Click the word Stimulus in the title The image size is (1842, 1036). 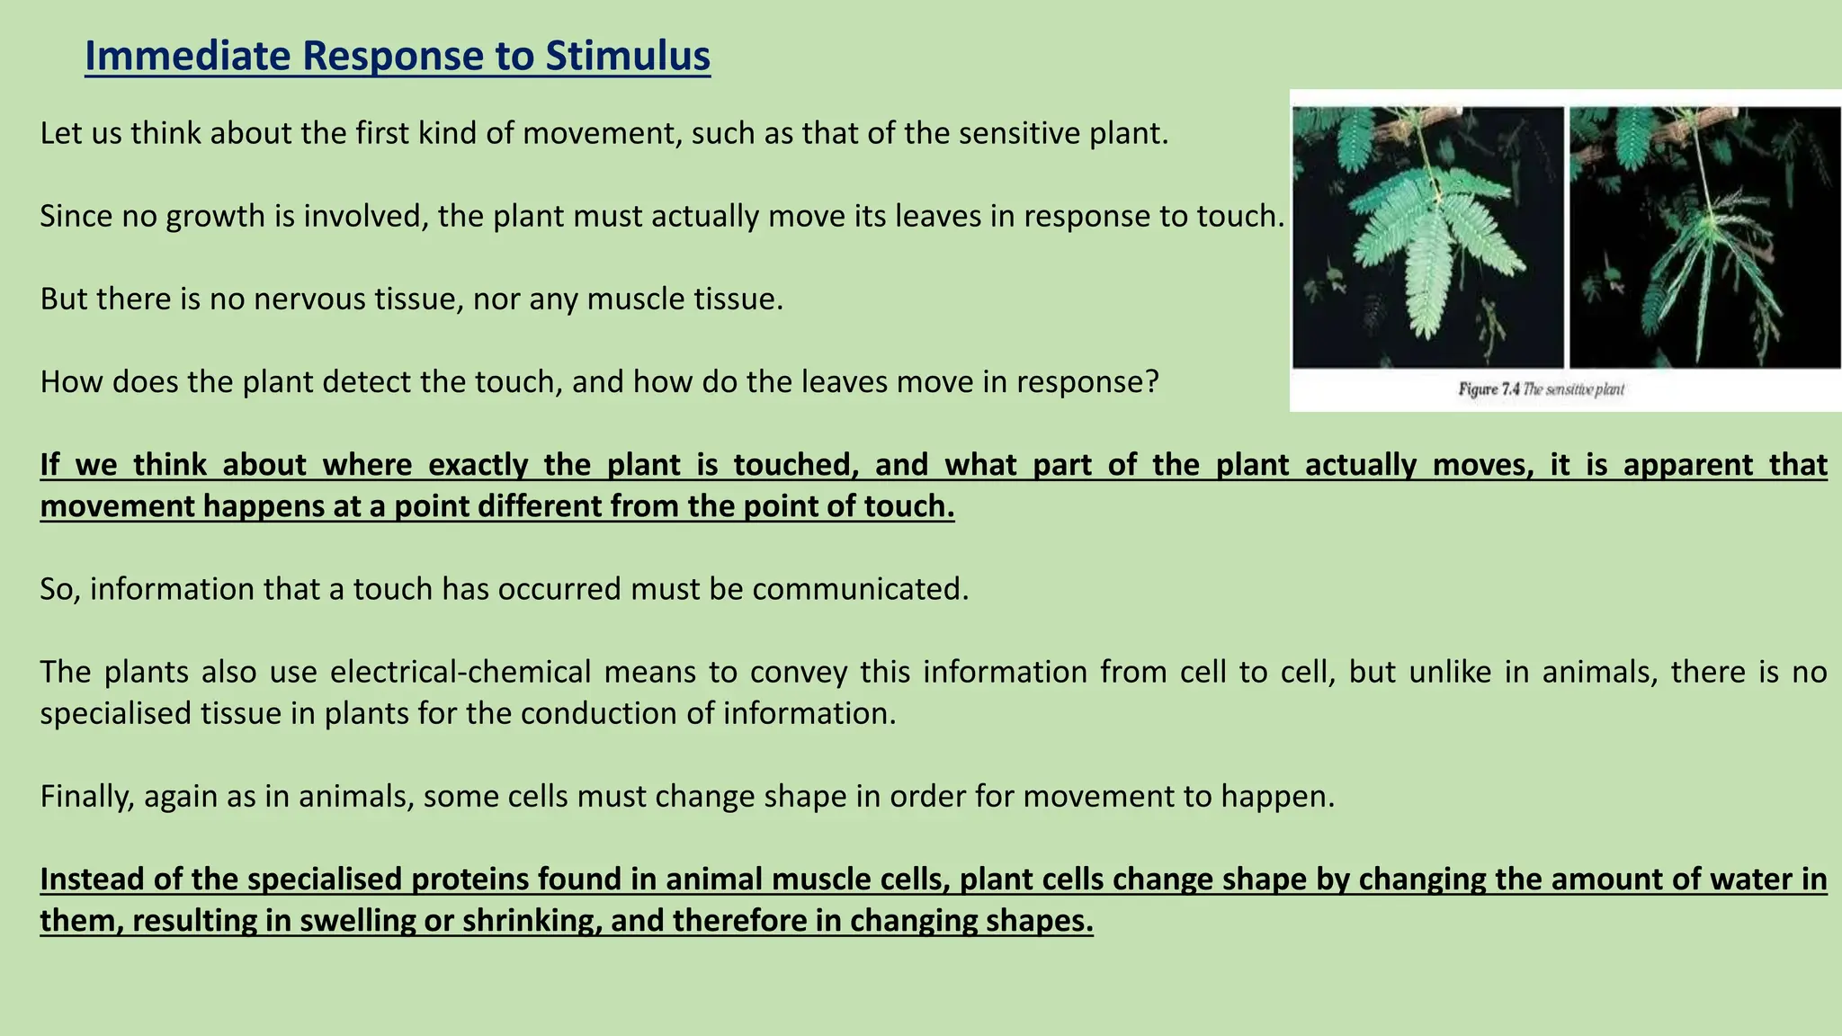click(x=627, y=56)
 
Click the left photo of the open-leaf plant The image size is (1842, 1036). click(x=1427, y=237)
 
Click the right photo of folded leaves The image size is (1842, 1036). click(x=1704, y=237)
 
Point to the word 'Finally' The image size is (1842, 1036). click(x=86, y=796)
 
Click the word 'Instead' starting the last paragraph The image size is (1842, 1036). click(x=91, y=880)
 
